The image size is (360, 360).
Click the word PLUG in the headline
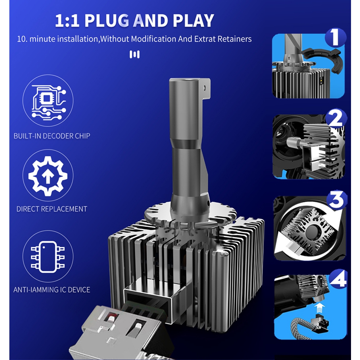107,20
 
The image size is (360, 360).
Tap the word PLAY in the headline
193,20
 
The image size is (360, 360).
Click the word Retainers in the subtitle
234,39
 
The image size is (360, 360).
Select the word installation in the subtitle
78,39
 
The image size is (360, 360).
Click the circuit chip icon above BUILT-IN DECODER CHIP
49,102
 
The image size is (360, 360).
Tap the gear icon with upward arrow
48,176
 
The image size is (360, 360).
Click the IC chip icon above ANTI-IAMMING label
48,257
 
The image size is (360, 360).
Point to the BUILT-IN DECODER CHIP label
52,136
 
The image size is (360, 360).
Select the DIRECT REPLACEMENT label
52,209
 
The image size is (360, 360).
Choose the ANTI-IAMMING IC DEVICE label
52,290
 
